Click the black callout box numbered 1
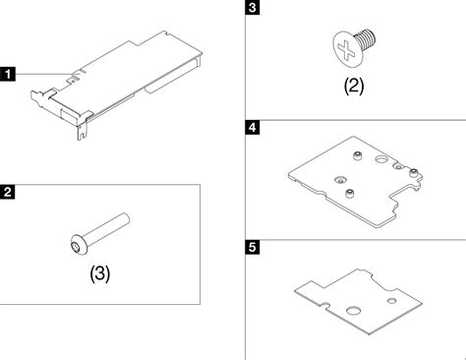click(x=8, y=74)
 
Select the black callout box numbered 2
click(x=8, y=192)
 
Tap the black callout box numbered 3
click(x=253, y=7)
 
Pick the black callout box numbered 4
click(x=253, y=127)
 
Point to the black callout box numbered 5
click(x=253, y=247)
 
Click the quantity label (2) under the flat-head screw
click(x=354, y=86)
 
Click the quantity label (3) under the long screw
click(x=100, y=273)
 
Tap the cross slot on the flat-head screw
click(x=346, y=51)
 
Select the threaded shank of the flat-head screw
click(x=366, y=38)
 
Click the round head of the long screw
click(x=79, y=245)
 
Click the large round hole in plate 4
click(x=381, y=159)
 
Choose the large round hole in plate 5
click(x=353, y=310)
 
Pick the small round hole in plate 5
click(x=392, y=300)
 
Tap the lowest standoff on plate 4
click(x=350, y=194)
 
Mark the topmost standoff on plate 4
click(x=357, y=155)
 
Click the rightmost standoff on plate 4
click(x=414, y=172)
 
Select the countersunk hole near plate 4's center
click(x=340, y=179)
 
